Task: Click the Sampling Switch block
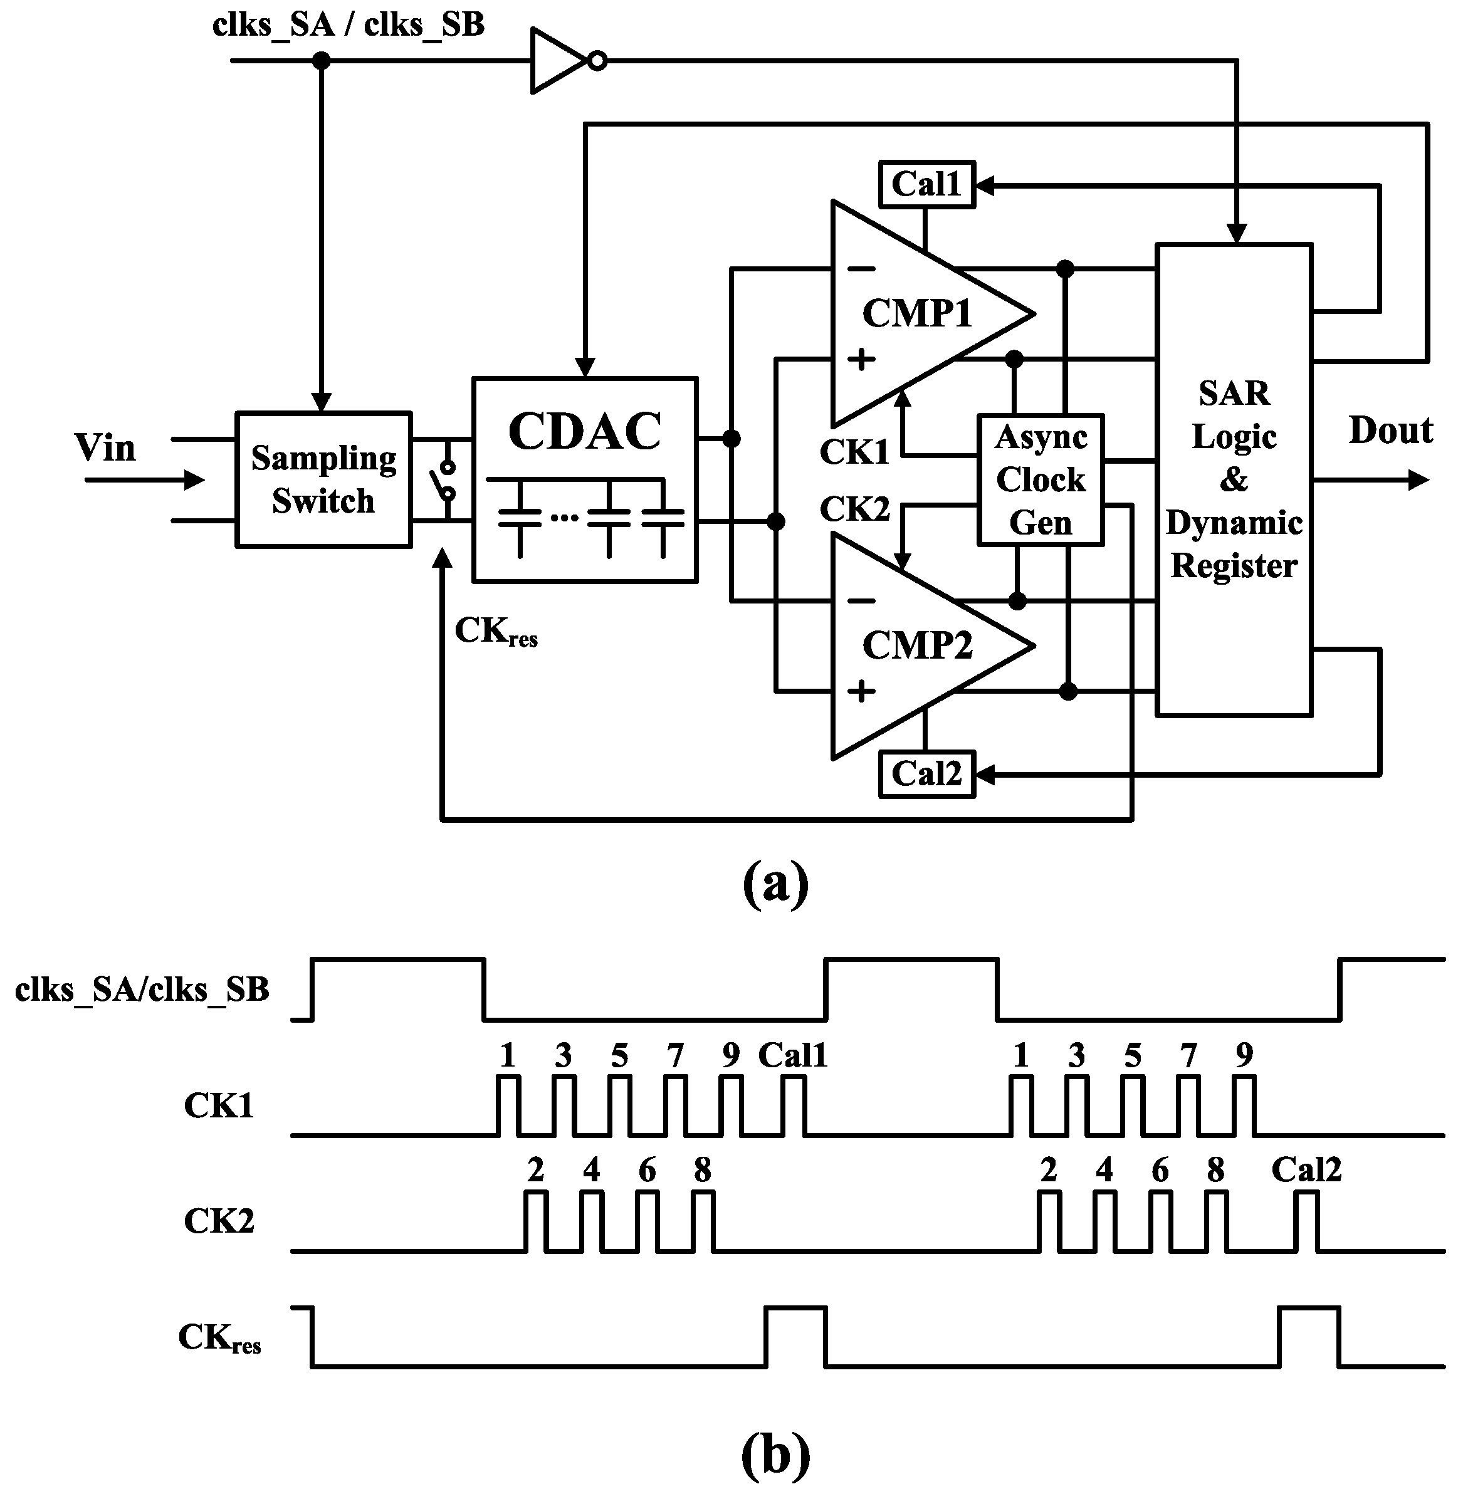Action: tap(323, 480)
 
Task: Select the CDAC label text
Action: tap(584, 432)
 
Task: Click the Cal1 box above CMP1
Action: tap(926, 184)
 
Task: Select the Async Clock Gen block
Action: tap(1041, 480)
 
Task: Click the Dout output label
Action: tap(1390, 430)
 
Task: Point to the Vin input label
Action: tap(105, 448)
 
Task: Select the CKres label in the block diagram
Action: tap(496, 632)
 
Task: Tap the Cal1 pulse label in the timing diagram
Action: tap(792, 1056)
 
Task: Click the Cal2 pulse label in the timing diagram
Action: tap(1306, 1171)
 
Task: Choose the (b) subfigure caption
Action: tap(775, 1456)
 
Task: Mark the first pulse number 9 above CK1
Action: tap(731, 1056)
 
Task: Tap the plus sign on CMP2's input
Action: tap(861, 691)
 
